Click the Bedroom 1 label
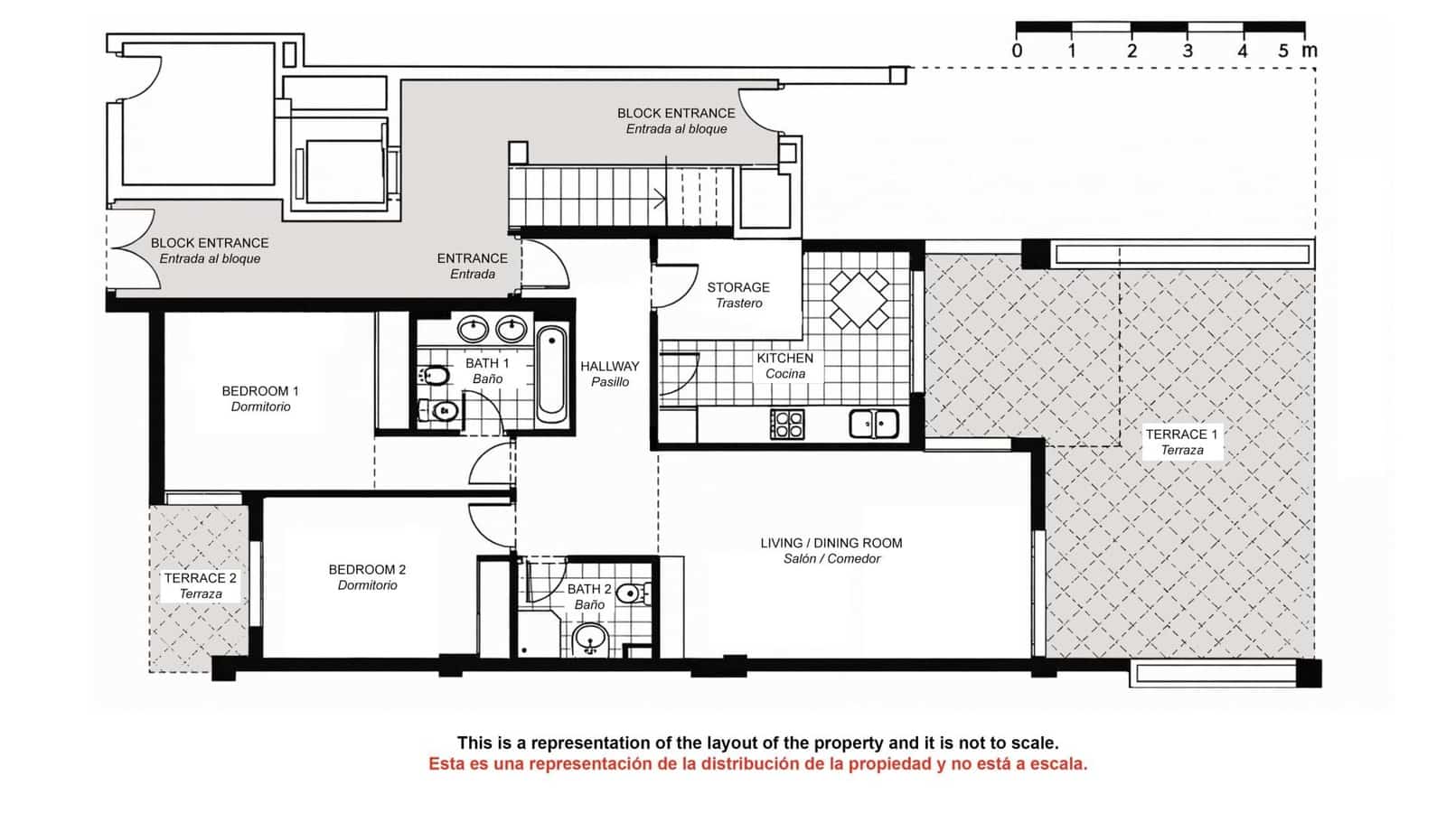click(x=260, y=398)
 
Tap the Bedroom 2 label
click(x=367, y=577)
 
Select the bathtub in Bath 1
click(x=551, y=377)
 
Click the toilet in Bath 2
click(x=632, y=593)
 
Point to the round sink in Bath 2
click(x=591, y=638)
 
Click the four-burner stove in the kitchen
click(x=787, y=424)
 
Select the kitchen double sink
click(x=873, y=423)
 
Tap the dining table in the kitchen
click(x=859, y=299)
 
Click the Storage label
click(x=738, y=294)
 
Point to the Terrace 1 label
click(x=1181, y=442)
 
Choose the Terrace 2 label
click(x=200, y=585)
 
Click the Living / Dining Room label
click(x=831, y=550)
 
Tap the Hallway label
click(x=609, y=373)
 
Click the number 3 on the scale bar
click(x=1187, y=51)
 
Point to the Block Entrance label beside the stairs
click(x=676, y=120)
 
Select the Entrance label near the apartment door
click(x=472, y=266)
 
